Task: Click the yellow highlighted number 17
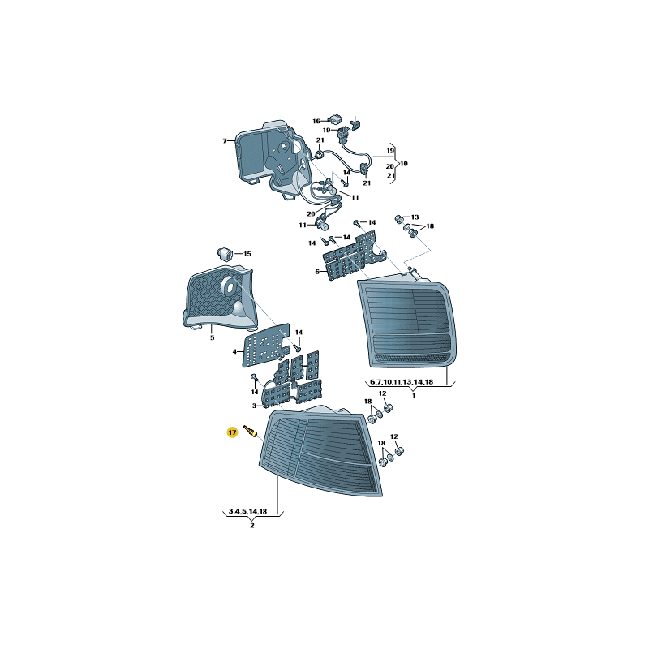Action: click(x=232, y=432)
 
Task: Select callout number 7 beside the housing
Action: click(x=225, y=141)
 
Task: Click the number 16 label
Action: click(x=316, y=121)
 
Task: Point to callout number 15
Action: click(x=247, y=254)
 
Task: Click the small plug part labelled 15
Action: click(x=226, y=253)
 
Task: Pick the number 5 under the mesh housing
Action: click(x=213, y=337)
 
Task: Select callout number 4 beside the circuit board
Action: click(x=234, y=352)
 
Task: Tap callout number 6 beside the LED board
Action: click(x=317, y=272)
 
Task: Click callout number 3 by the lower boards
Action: click(x=255, y=406)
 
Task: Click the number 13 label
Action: click(x=415, y=217)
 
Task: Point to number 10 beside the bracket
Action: click(x=404, y=164)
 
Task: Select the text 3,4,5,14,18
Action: click(x=248, y=512)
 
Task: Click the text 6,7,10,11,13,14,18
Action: click(x=402, y=382)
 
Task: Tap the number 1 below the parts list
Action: click(x=414, y=396)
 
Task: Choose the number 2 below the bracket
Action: click(x=252, y=525)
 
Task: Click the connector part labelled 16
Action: click(x=335, y=119)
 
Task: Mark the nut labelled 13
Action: click(x=399, y=218)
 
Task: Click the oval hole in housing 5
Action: click(x=228, y=286)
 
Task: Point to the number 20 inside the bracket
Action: click(x=390, y=166)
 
